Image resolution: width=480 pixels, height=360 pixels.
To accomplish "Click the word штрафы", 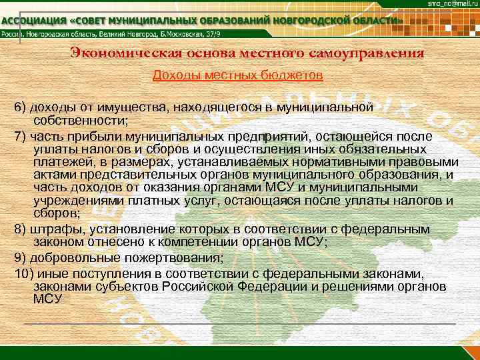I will pyautogui.click(x=53, y=229).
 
